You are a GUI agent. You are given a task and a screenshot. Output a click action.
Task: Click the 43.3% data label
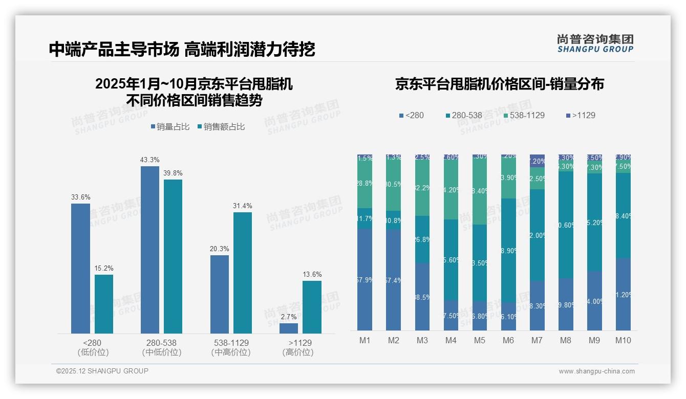pos(149,160)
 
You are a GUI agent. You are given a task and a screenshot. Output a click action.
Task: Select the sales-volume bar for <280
pos(80,269)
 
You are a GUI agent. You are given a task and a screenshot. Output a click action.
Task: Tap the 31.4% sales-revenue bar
pos(243,273)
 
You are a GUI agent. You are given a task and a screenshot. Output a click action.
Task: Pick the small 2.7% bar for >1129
pos(289,328)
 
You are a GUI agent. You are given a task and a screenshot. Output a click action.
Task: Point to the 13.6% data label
pos(312,275)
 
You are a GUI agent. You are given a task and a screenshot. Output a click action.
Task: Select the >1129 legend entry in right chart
pos(580,115)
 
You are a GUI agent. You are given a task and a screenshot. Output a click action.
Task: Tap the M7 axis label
pos(537,340)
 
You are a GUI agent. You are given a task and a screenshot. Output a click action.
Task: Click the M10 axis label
pos(623,340)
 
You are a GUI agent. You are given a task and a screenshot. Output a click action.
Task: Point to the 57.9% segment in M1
pos(365,279)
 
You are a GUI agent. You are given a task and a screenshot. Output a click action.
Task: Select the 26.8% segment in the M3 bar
pos(422,239)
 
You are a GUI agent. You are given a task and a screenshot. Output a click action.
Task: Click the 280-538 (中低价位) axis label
pos(161,347)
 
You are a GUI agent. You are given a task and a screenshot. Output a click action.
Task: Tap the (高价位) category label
pos(297,352)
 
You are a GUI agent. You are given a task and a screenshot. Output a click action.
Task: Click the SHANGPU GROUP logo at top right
pos(595,43)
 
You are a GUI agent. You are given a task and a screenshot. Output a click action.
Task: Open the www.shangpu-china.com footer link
pos(596,371)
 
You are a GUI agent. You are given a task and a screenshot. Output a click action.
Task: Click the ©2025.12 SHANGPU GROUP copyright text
pos(102,371)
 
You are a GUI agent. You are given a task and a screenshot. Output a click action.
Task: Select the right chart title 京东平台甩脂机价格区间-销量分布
pos(499,84)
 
